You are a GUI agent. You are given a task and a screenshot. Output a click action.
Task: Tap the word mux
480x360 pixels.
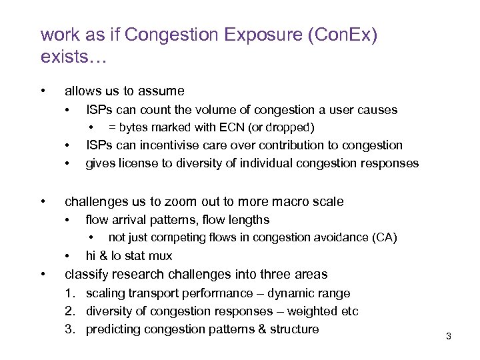(161, 256)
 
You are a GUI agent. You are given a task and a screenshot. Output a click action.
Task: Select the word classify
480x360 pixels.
(85, 274)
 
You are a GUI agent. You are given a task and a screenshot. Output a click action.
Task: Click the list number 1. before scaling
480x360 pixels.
(70, 293)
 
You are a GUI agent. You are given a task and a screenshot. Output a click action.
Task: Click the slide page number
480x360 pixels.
(449, 337)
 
